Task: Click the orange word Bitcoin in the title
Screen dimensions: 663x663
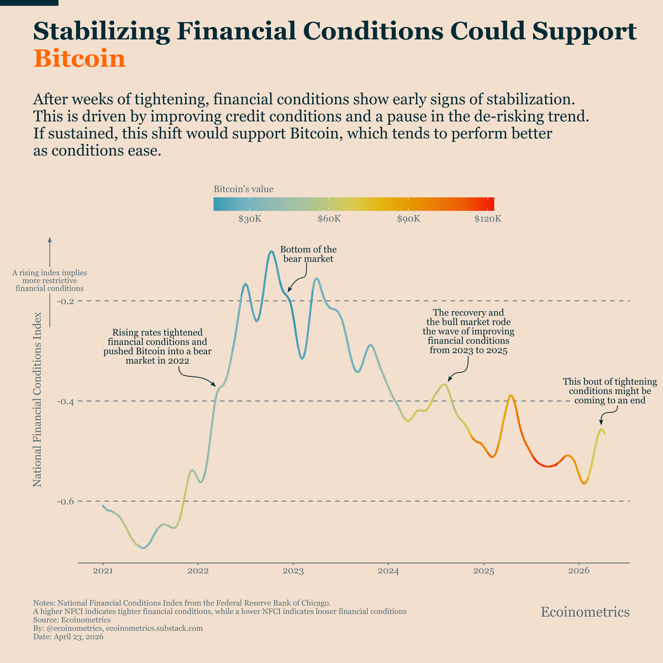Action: coord(80,59)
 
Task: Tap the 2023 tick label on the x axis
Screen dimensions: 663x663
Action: coord(293,570)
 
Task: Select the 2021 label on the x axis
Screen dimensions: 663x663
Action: coord(103,570)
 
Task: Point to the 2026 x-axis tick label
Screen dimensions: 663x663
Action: coord(578,570)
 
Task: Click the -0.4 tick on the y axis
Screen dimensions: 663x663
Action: coord(66,401)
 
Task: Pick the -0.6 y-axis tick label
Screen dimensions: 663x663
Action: coord(66,501)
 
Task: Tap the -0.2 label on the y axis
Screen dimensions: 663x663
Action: coord(66,301)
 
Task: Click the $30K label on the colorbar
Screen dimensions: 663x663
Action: coord(250,219)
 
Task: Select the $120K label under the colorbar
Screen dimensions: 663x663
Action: coord(488,219)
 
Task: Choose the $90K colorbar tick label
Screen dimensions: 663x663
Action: coord(408,219)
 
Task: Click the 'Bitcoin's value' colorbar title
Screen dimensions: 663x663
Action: coord(243,190)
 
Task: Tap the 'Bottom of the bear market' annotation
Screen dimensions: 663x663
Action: coord(308,254)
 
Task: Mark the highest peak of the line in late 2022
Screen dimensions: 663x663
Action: coord(271,251)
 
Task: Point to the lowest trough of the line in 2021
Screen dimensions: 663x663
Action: coord(144,548)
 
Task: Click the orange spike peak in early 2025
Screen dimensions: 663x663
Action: coord(511,396)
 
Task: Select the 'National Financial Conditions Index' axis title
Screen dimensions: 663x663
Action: coord(38,399)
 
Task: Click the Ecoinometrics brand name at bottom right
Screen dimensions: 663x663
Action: coord(585,612)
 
